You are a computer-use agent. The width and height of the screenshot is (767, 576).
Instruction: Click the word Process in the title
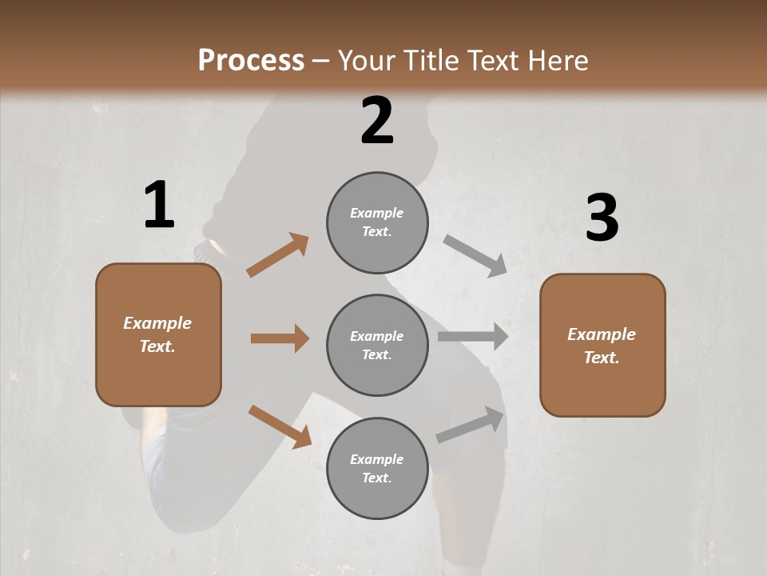[x=251, y=61]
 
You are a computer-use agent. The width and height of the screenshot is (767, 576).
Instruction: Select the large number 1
[x=159, y=206]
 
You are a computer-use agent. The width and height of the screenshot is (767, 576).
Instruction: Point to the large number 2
[x=377, y=121]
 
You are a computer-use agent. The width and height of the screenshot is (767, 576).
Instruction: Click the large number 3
[x=602, y=218]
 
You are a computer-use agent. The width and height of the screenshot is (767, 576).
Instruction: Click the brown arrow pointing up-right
[x=278, y=255]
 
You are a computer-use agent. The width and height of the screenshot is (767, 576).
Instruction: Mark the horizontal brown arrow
[x=280, y=338]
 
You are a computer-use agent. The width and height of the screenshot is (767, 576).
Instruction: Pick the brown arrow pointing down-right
[x=280, y=426]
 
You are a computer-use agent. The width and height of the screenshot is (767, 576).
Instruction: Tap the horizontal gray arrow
[x=473, y=337]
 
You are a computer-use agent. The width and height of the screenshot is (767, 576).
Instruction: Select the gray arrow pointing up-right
[x=471, y=425]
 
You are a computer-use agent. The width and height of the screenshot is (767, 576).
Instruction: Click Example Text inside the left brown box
[x=157, y=334]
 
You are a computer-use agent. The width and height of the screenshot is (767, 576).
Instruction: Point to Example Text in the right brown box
[x=602, y=346]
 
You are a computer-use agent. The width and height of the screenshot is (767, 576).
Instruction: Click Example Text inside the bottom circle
[x=377, y=469]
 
